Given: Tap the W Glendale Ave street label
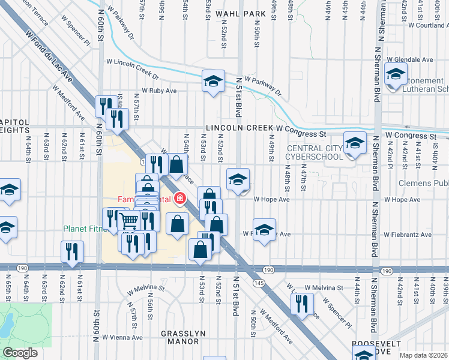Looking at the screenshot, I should point(410,60).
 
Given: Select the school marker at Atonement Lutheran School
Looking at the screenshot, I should point(396,76).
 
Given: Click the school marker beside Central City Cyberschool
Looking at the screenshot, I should point(355,143).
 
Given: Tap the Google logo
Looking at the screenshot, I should point(20,353).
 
